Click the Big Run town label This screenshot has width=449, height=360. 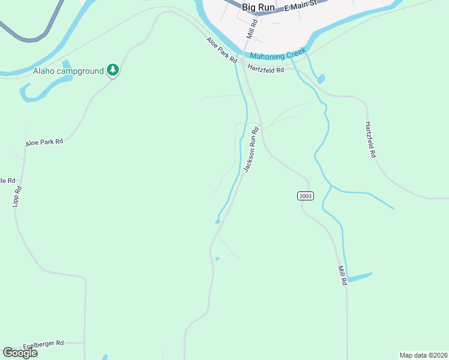(258, 7)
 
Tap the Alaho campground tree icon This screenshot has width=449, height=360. (113, 71)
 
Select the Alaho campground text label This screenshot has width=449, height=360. (68, 71)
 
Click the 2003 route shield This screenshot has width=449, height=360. (305, 196)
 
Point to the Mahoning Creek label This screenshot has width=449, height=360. (278, 55)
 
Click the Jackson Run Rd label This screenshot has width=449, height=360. (251, 150)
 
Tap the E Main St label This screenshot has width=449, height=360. (300, 6)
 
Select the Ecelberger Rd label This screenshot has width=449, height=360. (43, 344)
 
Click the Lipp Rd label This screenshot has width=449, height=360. (17, 197)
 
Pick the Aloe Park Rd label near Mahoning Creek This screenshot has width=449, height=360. (221, 51)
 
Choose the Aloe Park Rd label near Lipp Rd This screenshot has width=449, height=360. (44, 143)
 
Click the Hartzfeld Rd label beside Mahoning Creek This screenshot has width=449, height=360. (265, 68)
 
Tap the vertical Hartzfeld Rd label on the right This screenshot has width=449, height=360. (370, 140)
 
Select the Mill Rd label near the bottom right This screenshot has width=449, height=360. (342, 275)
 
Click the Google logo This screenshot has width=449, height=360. (20, 353)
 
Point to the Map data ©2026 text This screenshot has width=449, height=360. (424, 355)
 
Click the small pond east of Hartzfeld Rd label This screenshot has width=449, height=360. (321, 79)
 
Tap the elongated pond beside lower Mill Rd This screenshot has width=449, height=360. (359, 277)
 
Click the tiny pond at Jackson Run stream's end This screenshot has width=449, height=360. (217, 221)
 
